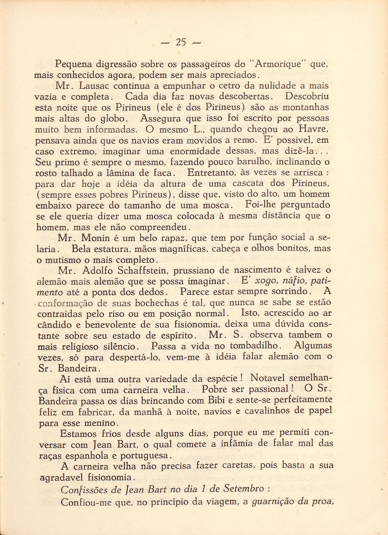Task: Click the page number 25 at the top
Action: (x=181, y=42)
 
